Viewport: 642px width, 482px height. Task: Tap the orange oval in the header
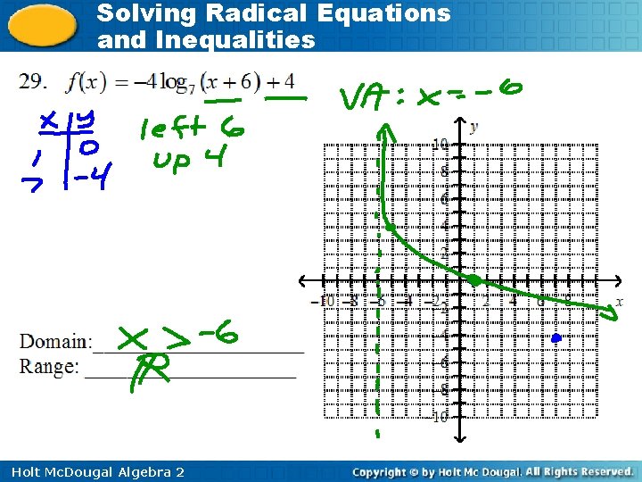[x=43, y=25]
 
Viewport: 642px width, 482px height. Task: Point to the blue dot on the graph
[x=556, y=338]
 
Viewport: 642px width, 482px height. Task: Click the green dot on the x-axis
[x=475, y=280]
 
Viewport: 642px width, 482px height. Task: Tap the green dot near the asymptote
[x=391, y=228]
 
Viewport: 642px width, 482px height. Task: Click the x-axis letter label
[x=619, y=301]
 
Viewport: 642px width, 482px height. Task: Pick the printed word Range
[x=49, y=366]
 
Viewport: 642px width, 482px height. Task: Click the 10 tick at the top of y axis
[x=440, y=143]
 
